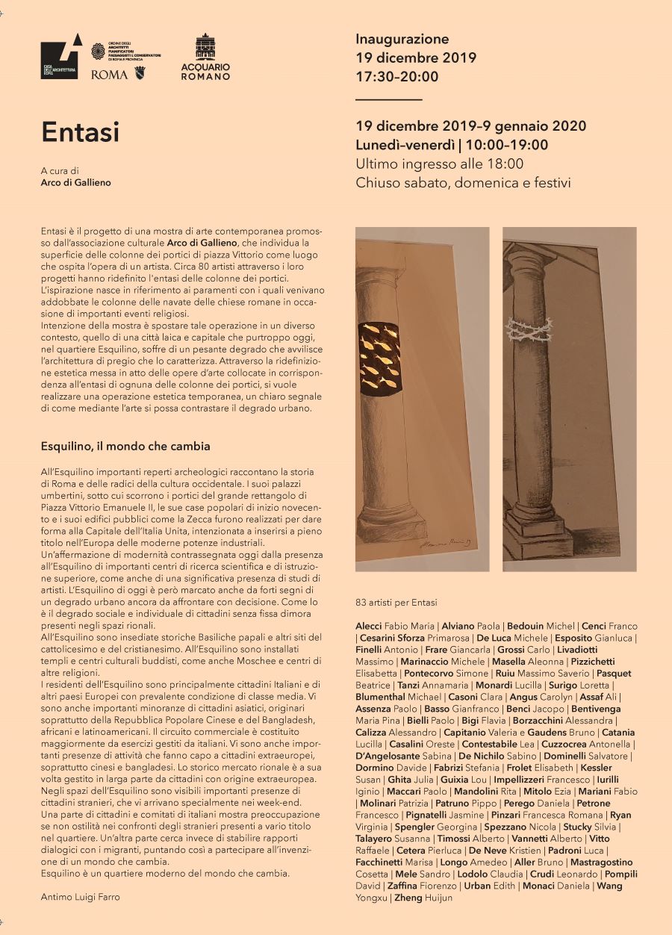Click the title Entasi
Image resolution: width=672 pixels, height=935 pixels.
(x=80, y=132)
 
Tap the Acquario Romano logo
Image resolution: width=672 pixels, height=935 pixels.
(x=205, y=57)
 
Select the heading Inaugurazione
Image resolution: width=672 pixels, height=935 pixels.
(x=402, y=39)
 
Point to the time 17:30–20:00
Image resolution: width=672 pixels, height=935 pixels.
(x=397, y=76)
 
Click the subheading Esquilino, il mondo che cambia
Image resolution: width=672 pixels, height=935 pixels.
(x=125, y=446)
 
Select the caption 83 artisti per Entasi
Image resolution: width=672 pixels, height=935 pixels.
(x=396, y=603)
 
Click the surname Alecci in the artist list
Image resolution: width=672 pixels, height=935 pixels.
(x=369, y=626)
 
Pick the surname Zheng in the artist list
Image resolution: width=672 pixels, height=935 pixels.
(x=408, y=898)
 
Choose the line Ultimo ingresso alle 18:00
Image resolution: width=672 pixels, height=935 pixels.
(x=440, y=164)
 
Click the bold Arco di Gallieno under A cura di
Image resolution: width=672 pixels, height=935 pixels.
(x=75, y=183)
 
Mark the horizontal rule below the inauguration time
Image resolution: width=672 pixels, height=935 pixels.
(x=389, y=99)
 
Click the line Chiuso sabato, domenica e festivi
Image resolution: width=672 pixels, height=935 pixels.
(x=463, y=182)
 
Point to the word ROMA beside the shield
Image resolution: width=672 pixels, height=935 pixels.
(x=109, y=75)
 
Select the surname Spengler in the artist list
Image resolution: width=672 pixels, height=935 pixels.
(x=414, y=827)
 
